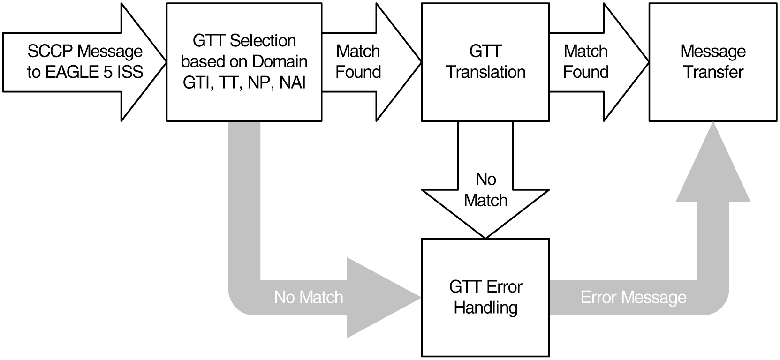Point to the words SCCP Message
(x=85, y=51)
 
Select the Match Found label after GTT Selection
(x=358, y=61)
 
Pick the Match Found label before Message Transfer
(x=585, y=61)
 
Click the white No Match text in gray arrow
(x=308, y=297)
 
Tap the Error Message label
(x=633, y=297)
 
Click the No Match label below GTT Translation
(x=485, y=190)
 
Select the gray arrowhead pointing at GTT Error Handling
(x=380, y=297)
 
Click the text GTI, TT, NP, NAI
(x=244, y=83)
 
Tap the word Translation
(x=485, y=72)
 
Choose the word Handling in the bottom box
(x=485, y=308)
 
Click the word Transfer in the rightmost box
(x=713, y=72)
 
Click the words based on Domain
(x=244, y=62)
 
